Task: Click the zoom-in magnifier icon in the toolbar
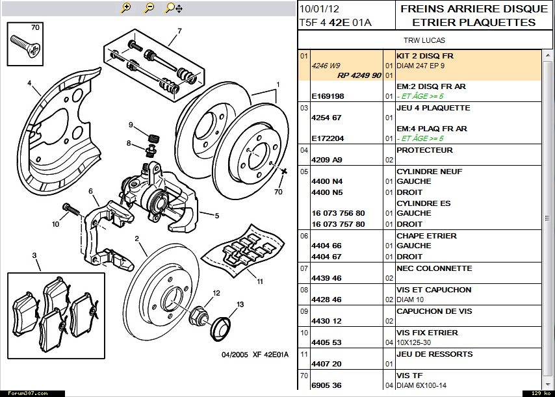[x=126, y=8]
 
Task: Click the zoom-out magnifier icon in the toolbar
[x=149, y=8]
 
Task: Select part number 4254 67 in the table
[x=326, y=118]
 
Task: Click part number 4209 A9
[x=326, y=160]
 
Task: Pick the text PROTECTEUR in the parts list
[x=424, y=150]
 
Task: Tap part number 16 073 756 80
[x=338, y=213]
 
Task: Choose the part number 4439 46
[x=326, y=278]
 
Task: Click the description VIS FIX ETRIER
[x=427, y=333]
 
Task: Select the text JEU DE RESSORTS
[x=434, y=354]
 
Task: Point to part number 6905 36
[x=326, y=385]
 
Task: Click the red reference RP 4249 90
[x=359, y=75]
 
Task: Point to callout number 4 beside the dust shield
[x=29, y=83]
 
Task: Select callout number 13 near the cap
[x=240, y=304]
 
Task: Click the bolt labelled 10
[x=71, y=210]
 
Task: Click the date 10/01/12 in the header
[x=319, y=9]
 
